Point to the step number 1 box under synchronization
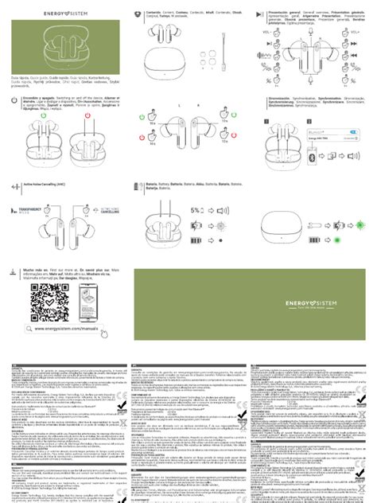pos(268,121)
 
